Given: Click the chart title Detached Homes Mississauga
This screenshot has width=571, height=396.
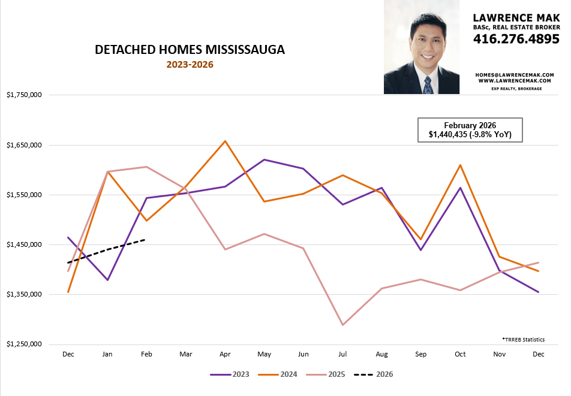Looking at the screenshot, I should [190, 50].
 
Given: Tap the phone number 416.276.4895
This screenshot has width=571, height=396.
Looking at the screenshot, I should [516, 39].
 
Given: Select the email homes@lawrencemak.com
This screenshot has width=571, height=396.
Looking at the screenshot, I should [515, 75].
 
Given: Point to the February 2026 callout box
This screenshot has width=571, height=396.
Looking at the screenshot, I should [470, 130].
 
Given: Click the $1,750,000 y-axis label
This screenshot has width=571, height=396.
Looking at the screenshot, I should [23, 95].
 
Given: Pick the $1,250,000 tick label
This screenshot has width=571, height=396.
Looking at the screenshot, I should [23, 344].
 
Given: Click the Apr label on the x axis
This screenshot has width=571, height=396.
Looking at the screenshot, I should [225, 355].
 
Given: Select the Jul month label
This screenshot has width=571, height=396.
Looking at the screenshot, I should [342, 355].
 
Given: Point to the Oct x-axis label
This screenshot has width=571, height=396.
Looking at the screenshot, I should [460, 355].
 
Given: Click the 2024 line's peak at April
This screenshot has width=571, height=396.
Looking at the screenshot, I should [225, 141].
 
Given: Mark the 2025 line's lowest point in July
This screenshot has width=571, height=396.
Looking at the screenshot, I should [342, 325].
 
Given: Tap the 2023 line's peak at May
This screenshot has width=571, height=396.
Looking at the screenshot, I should [264, 159].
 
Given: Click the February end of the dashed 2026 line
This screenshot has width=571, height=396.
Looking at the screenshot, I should [146, 240].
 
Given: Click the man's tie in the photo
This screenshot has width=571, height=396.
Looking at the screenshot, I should [428, 84].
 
